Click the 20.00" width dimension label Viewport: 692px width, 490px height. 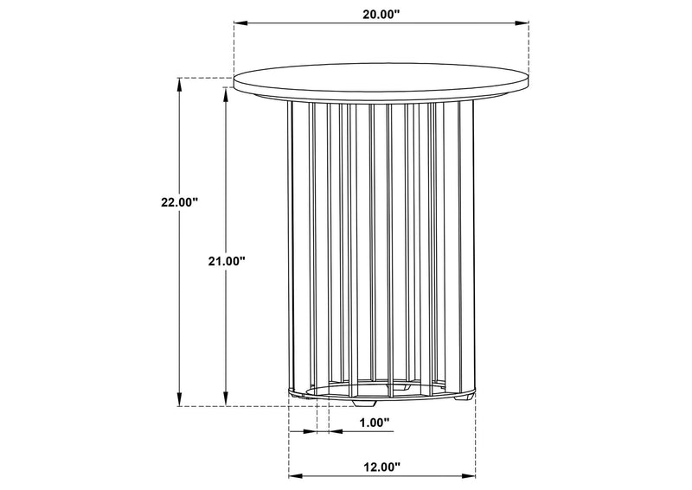pos(381,14)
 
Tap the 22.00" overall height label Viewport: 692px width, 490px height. pos(179,202)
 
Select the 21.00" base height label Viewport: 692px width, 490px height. pos(227,261)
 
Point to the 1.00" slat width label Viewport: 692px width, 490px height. pos(375,423)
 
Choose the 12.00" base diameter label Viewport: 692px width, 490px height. pos(381,466)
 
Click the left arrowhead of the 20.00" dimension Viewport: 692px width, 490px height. pos(240,23)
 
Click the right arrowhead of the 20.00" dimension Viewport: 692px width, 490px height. pos(522,23)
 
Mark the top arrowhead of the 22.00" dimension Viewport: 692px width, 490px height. pos(179,84)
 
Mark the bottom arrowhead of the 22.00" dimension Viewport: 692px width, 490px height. pos(179,399)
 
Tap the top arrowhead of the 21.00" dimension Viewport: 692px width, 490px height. pos(227,94)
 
